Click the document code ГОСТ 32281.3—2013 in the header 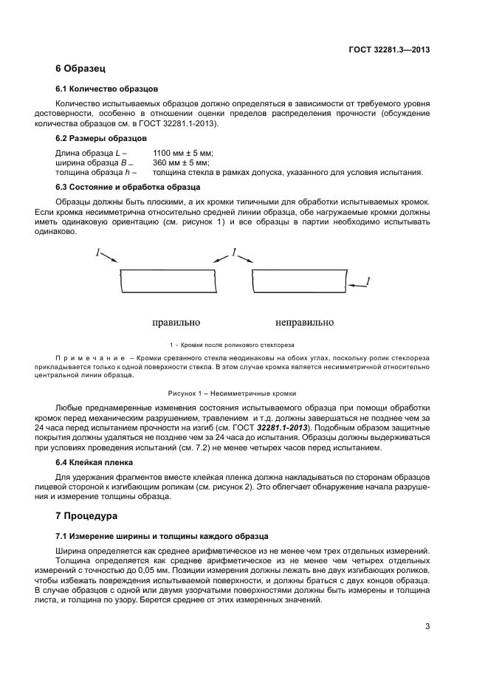coord(388,50)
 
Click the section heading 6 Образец coord(81,69)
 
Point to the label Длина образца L coord(89,152)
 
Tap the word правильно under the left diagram coord(176,323)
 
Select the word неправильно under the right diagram coord(304,323)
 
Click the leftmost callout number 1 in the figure coord(97,252)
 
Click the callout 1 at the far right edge coord(368,281)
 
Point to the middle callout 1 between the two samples coord(234,252)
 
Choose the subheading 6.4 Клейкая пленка coord(94,463)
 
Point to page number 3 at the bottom coord(427,627)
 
